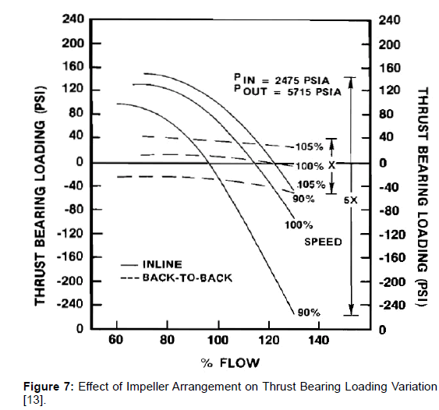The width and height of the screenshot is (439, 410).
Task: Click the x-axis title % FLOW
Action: tap(229, 362)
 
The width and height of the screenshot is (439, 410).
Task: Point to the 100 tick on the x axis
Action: tap(218, 341)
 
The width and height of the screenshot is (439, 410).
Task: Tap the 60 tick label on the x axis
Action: tap(117, 341)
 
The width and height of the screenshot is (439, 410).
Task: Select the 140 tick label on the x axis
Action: tap(319, 341)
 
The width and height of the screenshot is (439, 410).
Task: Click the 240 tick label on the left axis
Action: tap(73, 19)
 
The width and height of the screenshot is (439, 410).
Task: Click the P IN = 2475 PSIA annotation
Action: tap(283, 80)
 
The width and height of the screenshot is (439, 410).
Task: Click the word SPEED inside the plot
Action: tap(322, 242)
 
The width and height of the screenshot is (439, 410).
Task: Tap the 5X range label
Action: tap(350, 200)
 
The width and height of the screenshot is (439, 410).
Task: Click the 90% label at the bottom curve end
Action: tap(308, 313)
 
